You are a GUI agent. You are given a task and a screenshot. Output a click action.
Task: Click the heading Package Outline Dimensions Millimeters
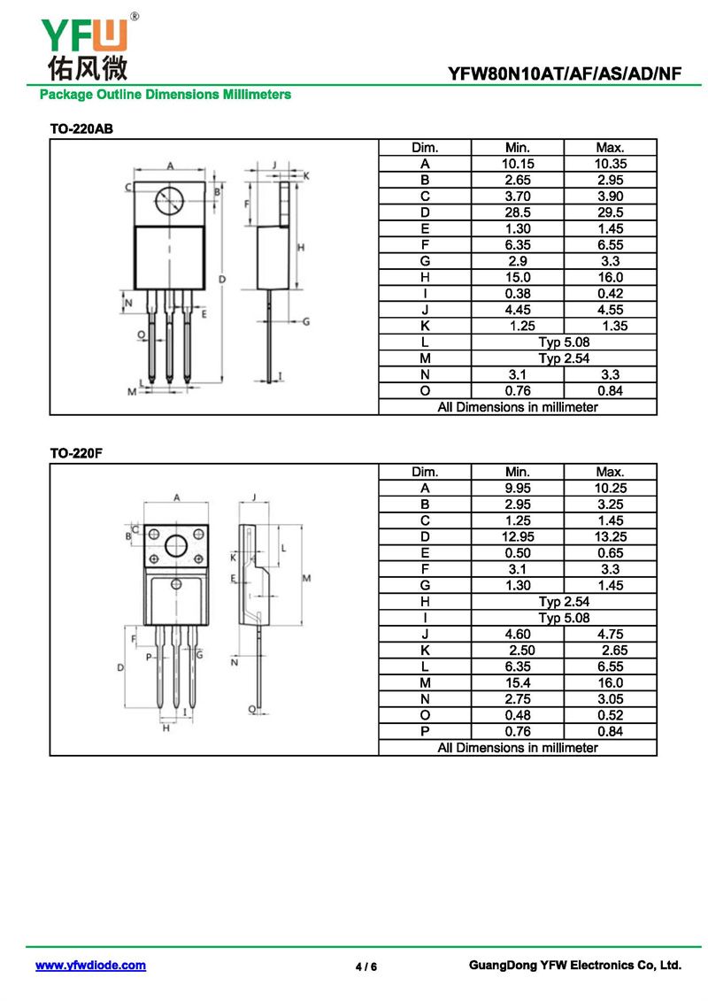click(165, 94)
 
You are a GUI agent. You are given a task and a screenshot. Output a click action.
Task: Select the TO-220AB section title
click(81, 129)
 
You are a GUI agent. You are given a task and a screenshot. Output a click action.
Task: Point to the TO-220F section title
click(78, 453)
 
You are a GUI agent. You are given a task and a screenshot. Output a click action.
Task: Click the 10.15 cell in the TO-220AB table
click(518, 164)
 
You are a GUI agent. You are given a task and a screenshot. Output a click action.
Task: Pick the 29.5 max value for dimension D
click(610, 212)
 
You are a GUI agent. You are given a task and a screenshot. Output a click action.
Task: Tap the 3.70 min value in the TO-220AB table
click(518, 196)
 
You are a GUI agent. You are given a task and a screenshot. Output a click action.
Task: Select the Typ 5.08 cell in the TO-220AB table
click(564, 342)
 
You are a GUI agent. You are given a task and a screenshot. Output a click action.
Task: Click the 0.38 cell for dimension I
click(518, 293)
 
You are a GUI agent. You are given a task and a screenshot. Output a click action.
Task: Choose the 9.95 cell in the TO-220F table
click(518, 488)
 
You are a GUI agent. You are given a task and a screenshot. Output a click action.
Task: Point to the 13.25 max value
click(610, 536)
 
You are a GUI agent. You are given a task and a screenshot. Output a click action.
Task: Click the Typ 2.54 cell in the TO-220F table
click(564, 602)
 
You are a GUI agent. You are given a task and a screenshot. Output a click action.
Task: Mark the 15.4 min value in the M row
click(518, 682)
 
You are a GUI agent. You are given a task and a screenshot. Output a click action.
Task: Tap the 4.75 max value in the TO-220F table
click(610, 634)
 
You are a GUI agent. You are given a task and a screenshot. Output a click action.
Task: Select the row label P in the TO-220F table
click(425, 731)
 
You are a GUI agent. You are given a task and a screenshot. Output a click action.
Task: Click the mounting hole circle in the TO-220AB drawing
click(170, 202)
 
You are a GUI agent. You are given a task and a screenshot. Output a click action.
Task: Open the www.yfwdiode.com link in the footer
click(90, 966)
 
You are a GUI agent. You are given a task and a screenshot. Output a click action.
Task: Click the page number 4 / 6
click(366, 966)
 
